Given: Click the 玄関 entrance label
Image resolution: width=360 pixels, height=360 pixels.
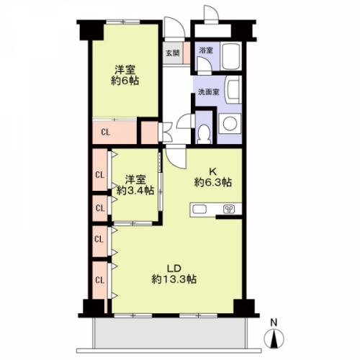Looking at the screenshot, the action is pos(173,53).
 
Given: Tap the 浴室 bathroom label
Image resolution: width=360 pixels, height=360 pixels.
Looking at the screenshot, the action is pos(206,50).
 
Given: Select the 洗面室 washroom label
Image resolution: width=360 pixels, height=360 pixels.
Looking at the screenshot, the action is pos(209,92).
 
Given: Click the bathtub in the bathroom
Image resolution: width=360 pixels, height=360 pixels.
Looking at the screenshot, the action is pos(231,56).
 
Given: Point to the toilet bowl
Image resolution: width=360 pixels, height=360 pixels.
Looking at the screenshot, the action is pos(204,133).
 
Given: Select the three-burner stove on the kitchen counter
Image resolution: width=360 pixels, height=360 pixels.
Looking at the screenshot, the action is pos(229,210).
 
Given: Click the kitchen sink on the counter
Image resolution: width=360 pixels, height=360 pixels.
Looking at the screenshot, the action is pos(199,210).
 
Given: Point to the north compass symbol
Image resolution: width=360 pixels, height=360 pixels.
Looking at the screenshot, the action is pos(274,338).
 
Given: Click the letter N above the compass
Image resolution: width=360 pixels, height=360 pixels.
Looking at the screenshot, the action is pos(274,323).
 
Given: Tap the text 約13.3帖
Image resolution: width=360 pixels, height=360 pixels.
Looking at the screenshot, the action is pos(174,279).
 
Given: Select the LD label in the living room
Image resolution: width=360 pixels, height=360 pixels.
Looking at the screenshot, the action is pos(174,268).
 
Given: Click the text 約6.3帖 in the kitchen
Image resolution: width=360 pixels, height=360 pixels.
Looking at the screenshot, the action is pos(213,183).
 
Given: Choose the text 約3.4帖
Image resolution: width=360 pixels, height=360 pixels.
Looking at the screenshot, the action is pos(135,191).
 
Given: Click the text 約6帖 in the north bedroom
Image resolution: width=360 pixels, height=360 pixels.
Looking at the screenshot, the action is pos(125,81).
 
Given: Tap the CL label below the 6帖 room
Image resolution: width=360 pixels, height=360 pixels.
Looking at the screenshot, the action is pos(106,132).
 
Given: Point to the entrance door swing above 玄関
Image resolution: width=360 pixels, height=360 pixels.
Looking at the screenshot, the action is pos(175,27).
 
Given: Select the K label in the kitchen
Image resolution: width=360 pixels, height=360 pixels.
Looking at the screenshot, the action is pos(213,171).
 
